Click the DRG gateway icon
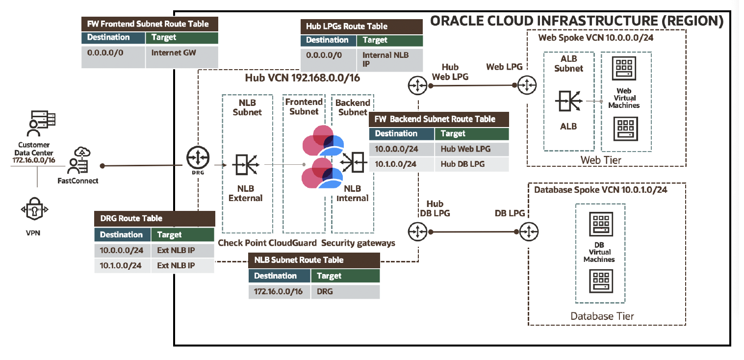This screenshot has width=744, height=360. coord(198,157)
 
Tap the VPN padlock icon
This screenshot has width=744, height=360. coord(34,209)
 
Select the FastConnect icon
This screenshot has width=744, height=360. coord(79,160)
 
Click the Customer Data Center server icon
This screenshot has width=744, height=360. coord(41,123)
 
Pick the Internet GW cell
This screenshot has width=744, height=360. coord(181,57)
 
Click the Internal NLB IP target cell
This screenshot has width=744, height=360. coord(389,60)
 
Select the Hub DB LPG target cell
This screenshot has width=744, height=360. coord(472,164)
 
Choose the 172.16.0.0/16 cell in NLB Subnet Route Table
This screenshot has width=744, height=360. coord(280,292)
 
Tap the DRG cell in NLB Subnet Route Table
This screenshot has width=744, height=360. coord(345,292)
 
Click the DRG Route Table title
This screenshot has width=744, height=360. coord(131,218)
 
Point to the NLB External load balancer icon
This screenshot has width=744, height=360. coord(246,164)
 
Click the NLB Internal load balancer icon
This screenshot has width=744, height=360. coord(354,162)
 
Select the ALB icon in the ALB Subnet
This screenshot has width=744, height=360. coord(569,101)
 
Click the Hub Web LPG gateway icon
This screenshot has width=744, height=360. coord(417,86)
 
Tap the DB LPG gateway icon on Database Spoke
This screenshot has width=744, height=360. coord(529,231)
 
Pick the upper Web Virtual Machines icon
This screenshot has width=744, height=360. coord(624,68)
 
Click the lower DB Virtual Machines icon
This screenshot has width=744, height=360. coord(601,281)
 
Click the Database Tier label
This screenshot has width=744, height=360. coord(602,316)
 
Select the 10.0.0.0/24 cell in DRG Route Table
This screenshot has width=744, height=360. coord(122,251)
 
